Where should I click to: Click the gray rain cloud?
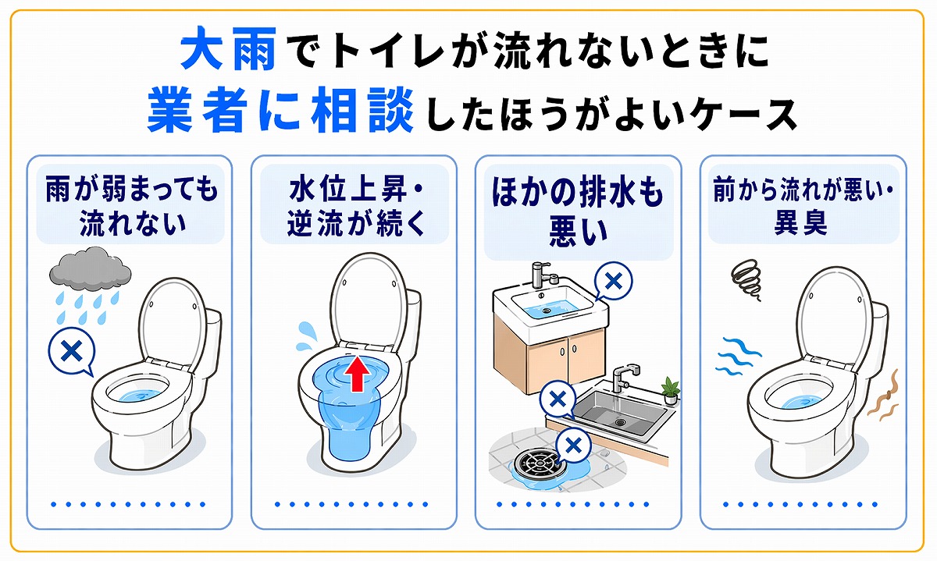(x=89, y=268)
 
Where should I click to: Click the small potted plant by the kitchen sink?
(x=669, y=389)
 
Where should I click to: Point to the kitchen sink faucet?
(x=622, y=377)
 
